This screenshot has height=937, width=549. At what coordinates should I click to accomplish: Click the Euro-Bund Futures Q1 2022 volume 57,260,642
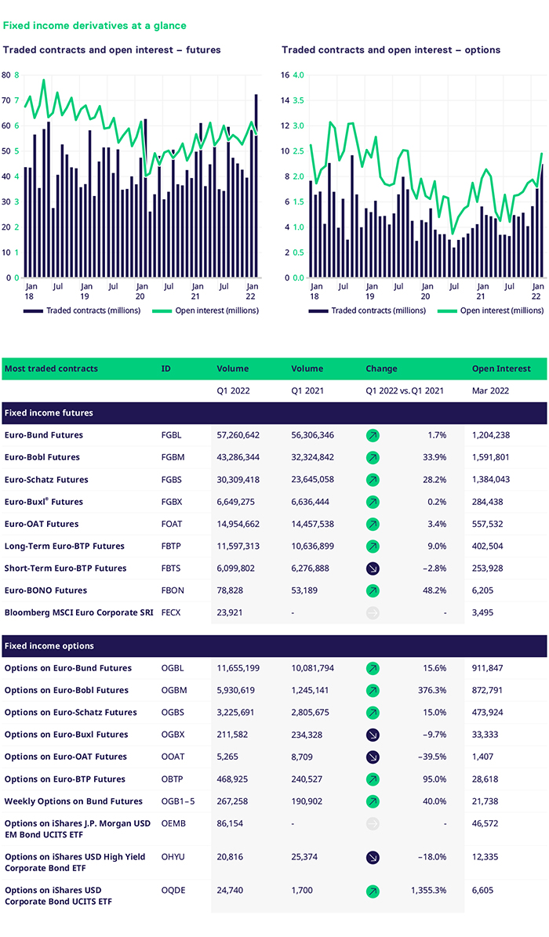(x=242, y=435)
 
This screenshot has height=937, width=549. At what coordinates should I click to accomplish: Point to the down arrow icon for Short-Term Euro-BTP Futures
(x=373, y=568)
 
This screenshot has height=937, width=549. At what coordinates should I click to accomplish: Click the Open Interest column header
(x=501, y=369)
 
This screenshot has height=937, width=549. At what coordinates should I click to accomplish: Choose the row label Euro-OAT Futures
(x=42, y=524)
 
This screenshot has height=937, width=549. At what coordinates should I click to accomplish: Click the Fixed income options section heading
(x=49, y=646)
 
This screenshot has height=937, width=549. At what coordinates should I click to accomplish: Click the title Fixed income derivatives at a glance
(x=95, y=26)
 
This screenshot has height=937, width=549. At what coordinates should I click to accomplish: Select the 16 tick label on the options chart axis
(x=285, y=75)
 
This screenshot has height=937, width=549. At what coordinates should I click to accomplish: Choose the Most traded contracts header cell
(x=52, y=369)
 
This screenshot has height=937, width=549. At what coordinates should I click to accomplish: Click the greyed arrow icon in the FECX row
(x=373, y=612)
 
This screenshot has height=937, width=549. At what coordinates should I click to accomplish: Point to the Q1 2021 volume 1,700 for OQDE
(x=303, y=892)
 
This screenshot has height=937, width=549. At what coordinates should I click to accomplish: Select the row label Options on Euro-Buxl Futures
(x=66, y=735)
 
